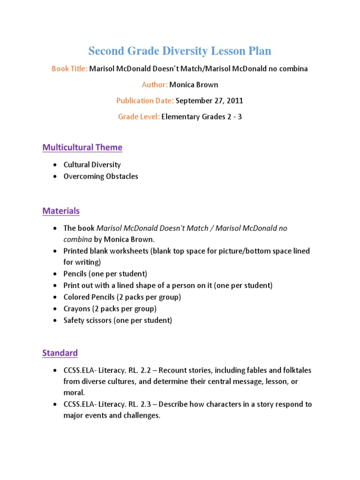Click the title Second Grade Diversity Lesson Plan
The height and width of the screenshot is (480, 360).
tap(180, 51)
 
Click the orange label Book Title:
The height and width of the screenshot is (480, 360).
tap(69, 68)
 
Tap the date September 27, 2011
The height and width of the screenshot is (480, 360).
tap(209, 100)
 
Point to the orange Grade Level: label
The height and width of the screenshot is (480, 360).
tap(139, 116)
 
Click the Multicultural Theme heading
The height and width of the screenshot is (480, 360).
tap(82, 147)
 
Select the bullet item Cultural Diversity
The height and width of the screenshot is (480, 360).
tap(92, 165)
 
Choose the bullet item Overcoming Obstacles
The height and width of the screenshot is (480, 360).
tap(101, 176)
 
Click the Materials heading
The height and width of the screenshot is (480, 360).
tap(61, 211)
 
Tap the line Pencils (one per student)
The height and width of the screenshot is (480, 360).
tap(105, 273)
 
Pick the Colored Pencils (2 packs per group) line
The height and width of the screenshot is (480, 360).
tap(122, 297)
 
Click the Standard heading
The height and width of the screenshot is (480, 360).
tap(60, 352)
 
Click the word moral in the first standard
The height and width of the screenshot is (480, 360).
tap(74, 393)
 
